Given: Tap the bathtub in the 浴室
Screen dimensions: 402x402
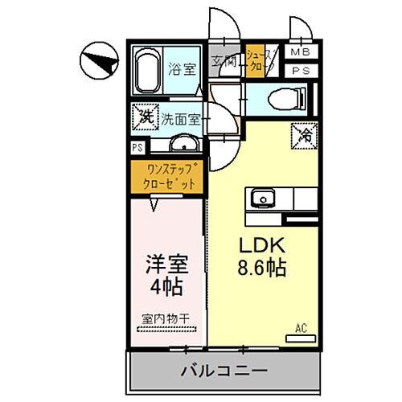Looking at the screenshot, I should tap(148, 70).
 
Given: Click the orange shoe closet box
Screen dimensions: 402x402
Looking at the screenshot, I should tap(255, 60).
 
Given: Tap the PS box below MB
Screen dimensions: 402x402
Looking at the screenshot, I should tap(299, 71).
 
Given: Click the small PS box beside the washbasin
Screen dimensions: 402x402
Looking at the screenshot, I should tap(138, 147).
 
